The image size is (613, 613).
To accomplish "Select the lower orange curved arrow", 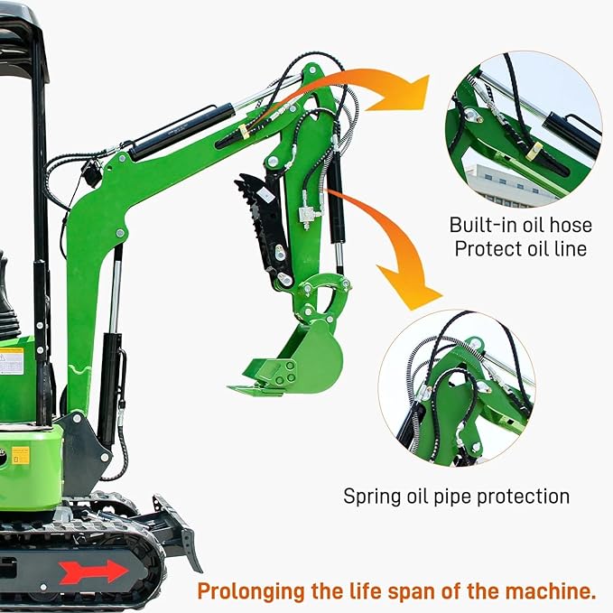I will tap(397, 262).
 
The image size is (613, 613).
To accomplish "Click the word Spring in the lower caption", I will tap(369, 497).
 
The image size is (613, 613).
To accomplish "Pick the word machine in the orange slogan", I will tap(553, 592).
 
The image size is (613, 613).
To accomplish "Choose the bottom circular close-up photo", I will tap(457, 387).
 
